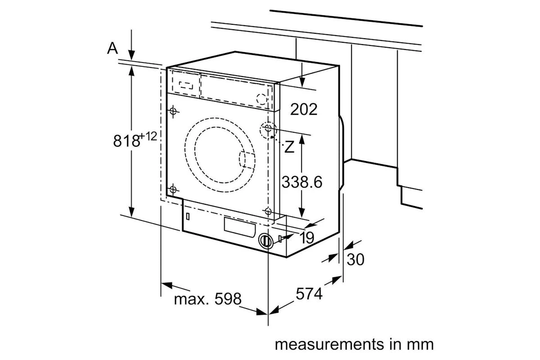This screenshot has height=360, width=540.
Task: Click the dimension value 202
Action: coord(304,109)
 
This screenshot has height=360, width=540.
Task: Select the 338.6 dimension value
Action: coord(302,182)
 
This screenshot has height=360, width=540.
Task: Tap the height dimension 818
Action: coord(126,140)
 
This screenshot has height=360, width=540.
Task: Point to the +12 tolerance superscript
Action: coord(148,136)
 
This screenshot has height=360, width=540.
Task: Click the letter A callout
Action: coord(112,48)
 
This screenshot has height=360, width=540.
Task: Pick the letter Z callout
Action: coord(289,147)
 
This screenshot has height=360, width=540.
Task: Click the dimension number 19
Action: coord(306,238)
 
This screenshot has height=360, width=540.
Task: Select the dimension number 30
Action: coord(355,260)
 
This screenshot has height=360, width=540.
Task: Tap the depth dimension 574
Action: coord(309,294)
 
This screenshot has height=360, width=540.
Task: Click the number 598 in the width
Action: coord(228,299)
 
